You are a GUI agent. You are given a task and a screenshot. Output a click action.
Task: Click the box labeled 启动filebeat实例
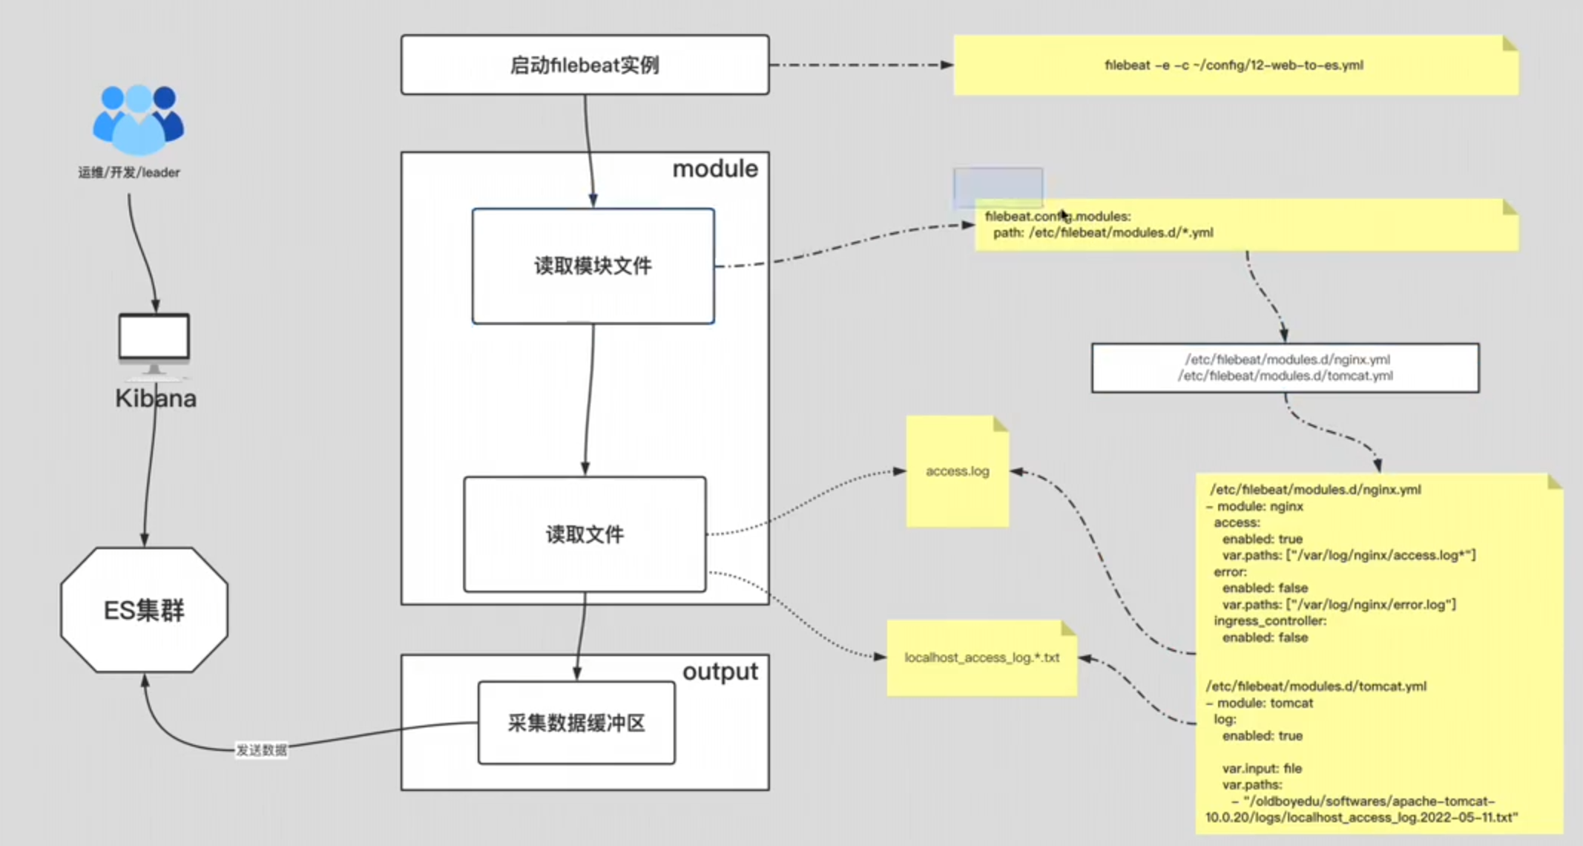[585, 65]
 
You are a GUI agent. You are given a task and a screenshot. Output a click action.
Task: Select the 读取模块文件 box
[593, 266]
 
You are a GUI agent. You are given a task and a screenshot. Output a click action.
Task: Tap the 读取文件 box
[585, 534]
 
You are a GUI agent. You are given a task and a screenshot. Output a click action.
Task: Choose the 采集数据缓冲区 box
[576, 723]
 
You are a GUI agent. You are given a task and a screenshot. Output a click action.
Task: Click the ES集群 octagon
[144, 610]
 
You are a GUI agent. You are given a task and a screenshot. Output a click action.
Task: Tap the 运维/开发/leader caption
[129, 172]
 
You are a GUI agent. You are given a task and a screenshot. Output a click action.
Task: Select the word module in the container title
[715, 169]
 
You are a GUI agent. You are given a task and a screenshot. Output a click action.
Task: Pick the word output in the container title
[720, 672]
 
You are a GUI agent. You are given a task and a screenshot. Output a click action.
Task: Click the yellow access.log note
[957, 471]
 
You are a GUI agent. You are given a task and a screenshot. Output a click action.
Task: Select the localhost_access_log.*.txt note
[981, 658]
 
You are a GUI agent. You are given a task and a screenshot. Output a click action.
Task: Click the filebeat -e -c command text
[1234, 65]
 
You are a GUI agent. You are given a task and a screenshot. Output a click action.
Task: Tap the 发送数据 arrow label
[261, 750]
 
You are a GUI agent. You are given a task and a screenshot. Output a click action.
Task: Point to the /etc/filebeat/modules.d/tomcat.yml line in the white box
[1286, 376]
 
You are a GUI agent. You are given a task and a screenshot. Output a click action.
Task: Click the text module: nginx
[1260, 506]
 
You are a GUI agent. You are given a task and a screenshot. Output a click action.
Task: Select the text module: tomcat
[1264, 703]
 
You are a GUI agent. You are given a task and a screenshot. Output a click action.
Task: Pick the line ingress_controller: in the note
[1270, 620]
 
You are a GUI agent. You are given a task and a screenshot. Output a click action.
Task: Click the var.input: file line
[1262, 768]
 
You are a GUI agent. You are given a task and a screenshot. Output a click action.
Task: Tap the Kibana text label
[156, 399]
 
